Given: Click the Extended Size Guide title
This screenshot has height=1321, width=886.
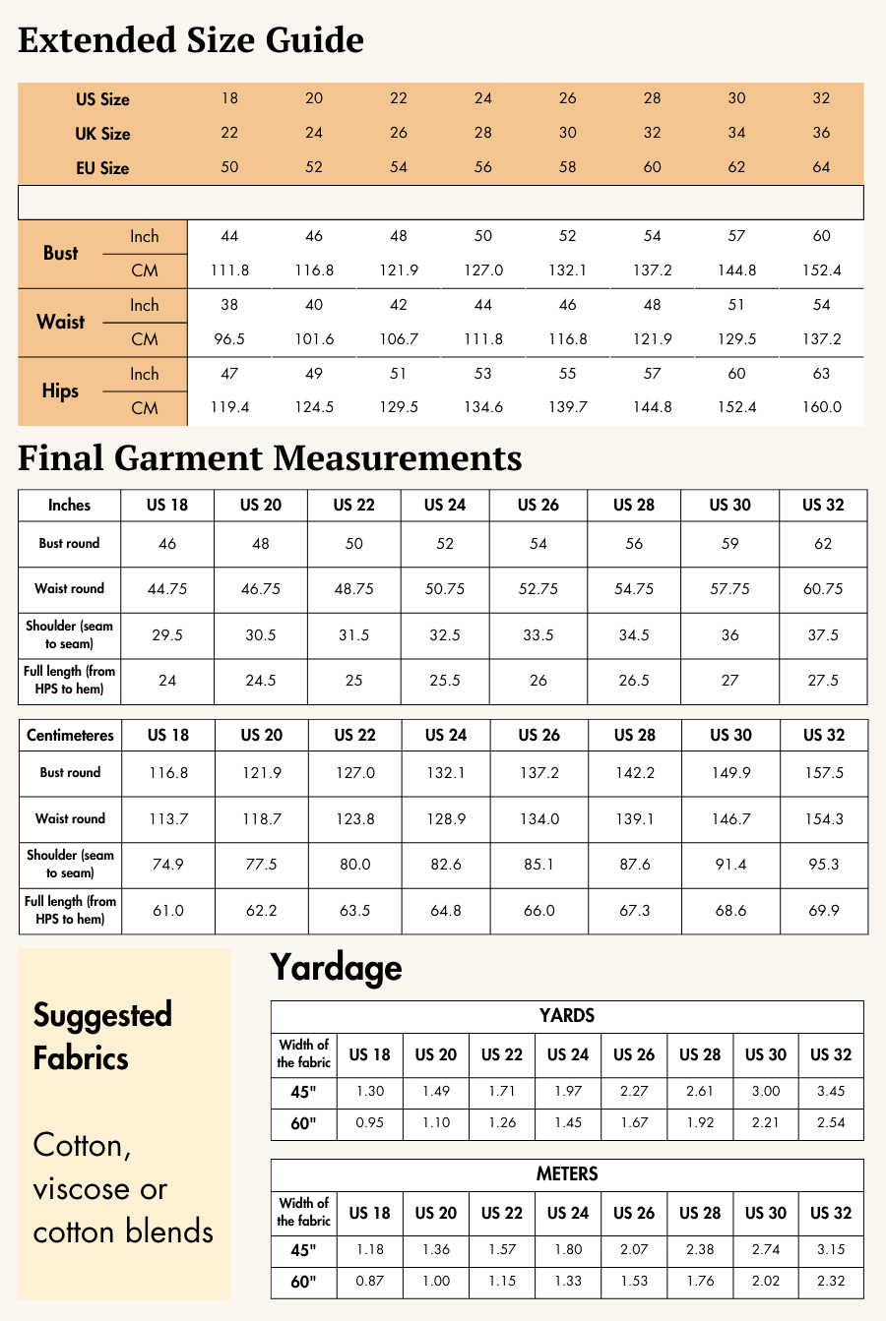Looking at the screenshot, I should [x=191, y=40].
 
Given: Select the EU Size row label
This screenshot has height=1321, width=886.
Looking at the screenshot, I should [x=102, y=168].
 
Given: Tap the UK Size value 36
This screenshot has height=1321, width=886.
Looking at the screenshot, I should [x=821, y=133].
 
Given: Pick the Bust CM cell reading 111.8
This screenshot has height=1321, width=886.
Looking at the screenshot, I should [x=229, y=270].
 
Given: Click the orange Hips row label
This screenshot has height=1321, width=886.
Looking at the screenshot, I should [x=60, y=390].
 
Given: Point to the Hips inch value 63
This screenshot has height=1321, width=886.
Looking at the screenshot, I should [x=821, y=374].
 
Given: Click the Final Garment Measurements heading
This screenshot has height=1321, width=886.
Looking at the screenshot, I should [x=270, y=458].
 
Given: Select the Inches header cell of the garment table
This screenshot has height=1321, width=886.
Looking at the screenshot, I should [x=69, y=506].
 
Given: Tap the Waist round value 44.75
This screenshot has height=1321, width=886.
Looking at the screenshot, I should [x=167, y=589].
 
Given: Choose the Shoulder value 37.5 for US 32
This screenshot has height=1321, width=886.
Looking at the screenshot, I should [x=823, y=635].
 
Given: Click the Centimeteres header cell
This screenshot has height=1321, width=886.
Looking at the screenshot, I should [x=70, y=736].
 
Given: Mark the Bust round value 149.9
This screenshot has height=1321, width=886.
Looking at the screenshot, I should [x=730, y=773].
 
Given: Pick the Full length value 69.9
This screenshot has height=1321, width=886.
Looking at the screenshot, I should [x=824, y=911].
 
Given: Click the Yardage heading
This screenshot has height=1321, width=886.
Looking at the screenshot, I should [x=336, y=968].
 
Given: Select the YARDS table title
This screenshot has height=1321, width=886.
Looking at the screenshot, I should [x=567, y=1016].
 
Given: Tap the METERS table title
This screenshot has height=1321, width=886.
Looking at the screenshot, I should [x=567, y=1174].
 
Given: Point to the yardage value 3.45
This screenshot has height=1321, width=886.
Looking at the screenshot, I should [x=831, y=1092].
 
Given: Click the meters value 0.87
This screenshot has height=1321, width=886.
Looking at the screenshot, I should [x=369, y=1282].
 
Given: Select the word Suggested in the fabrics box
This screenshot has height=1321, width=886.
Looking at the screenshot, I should [x=102, y=1015].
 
